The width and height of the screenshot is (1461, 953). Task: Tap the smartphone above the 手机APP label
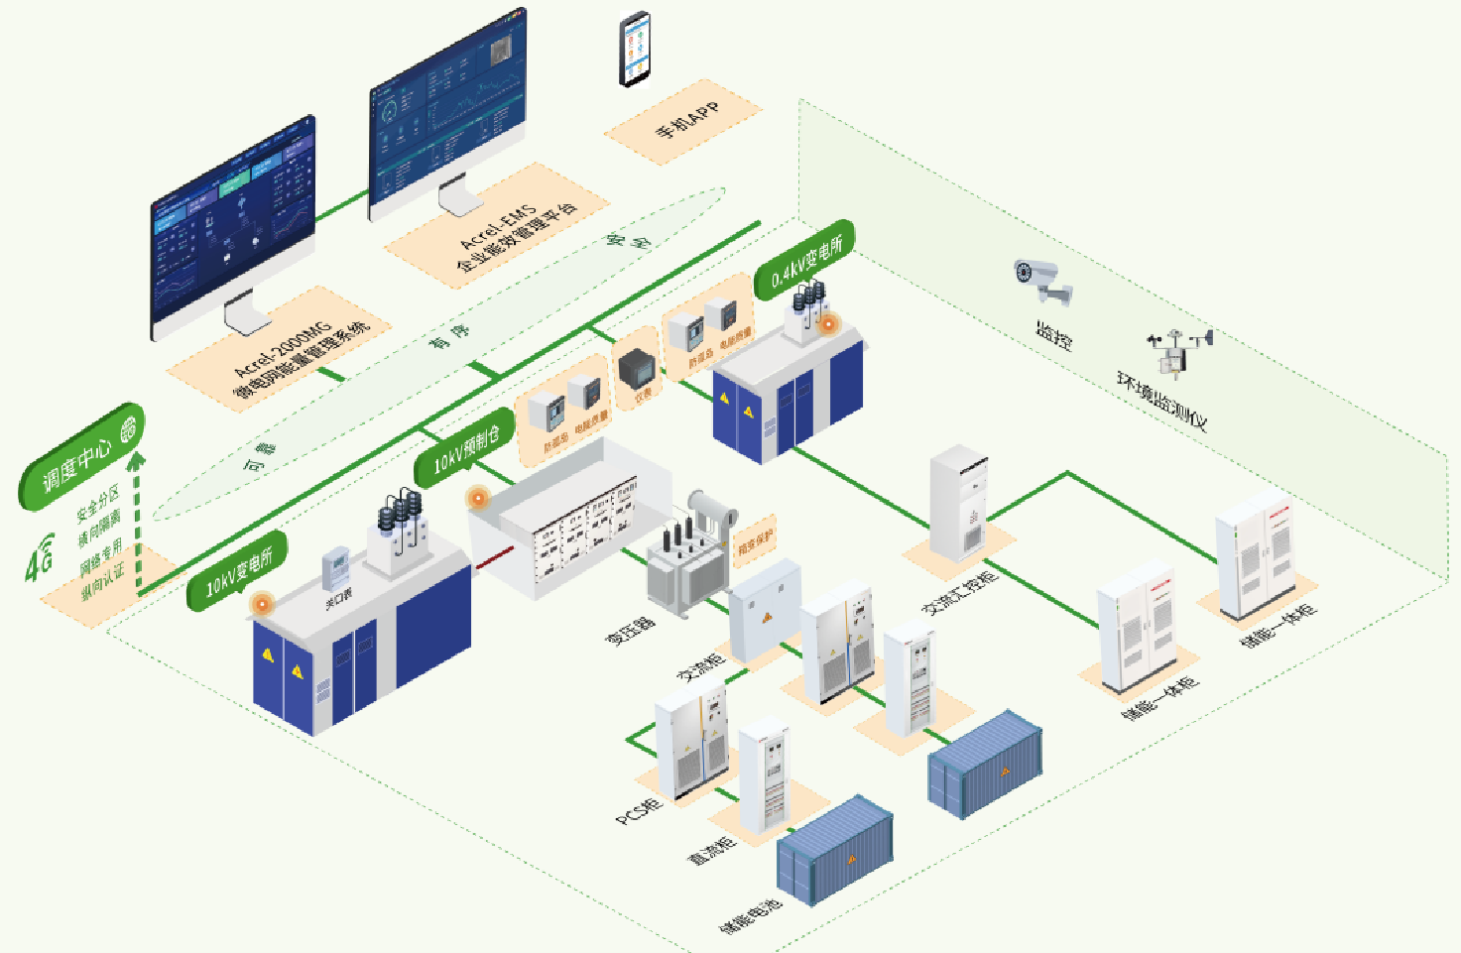(636, 49)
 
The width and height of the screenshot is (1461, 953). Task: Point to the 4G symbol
(40, 557)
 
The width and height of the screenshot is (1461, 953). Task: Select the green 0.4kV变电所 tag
(804, 260)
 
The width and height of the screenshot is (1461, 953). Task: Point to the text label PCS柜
(639, 811)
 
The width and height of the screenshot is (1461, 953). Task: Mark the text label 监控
(1054, 336)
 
